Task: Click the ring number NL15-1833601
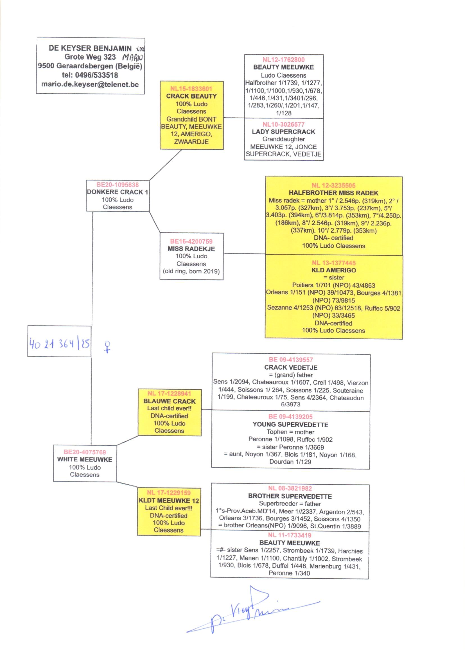tap(191, 89)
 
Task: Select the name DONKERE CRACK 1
tap(118, 192)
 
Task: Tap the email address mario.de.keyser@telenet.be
tap(90, 84)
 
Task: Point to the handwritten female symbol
tap(107, 346)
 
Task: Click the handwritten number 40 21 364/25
tap(59, 343)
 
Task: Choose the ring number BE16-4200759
tap(191, 241)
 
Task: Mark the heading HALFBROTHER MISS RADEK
tap(333, 193)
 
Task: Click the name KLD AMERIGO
tap(334, 270)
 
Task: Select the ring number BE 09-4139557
tap(291, 360)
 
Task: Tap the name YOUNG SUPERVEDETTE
tap(290, 425)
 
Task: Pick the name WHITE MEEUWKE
tap(85, 459)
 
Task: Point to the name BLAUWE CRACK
tap(170, 401)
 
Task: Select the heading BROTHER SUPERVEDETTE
tap(290, 496)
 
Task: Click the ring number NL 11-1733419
tap(290, 535)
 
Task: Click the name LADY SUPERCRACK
tap(283, 132)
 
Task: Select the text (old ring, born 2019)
tap(191, 271)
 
